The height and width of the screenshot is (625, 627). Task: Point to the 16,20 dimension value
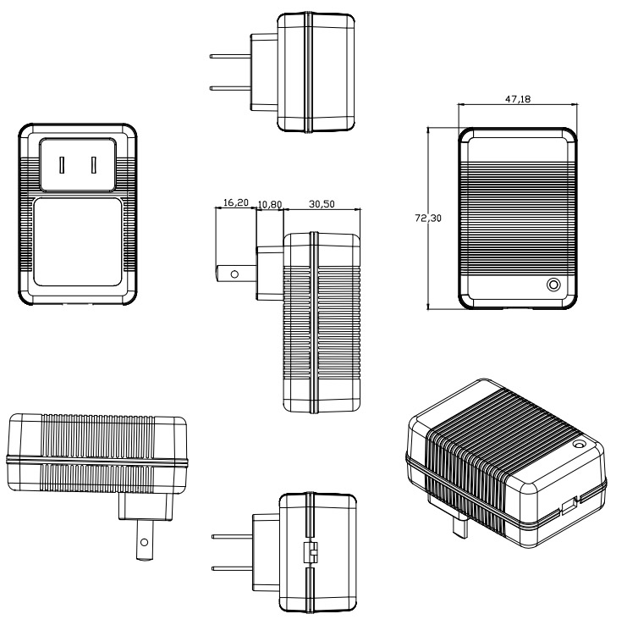tap(235, 204)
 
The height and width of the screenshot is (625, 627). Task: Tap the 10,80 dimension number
tap(270, 204)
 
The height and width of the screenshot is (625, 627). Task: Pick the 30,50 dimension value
tap(325, 204)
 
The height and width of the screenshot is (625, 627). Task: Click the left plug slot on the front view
tap(62, 163)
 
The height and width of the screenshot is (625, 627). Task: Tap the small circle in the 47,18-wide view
tap(553, 285)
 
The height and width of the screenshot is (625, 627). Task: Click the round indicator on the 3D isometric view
tap(580, 445)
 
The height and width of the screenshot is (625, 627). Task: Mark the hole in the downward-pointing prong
tap(145, 539)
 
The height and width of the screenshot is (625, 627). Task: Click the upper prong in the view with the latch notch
tap(231, 536)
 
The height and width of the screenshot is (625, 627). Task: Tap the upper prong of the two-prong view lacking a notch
tap(230, 56)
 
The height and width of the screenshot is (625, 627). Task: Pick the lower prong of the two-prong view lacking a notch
tap(230, 87)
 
